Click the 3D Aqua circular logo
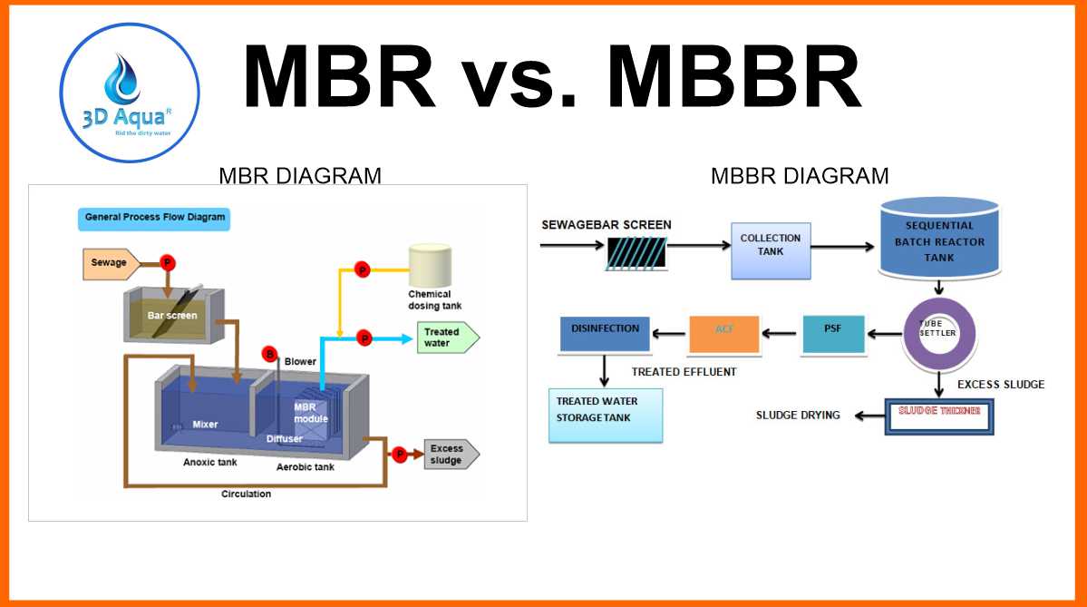(x=130, y=93)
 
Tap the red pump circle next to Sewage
(x=168, y=263)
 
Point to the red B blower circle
(x=268, y=353)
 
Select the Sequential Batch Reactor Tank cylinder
(x=939, y=239)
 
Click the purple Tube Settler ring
(x=939, y=335)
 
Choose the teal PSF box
(x=833, y=335)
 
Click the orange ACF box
(x=723, y=335)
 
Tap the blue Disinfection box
(x=605, y=334)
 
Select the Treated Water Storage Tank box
(x=605, y=415)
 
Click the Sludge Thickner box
(x=939, y=416)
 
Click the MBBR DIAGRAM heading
(x=799, y=175)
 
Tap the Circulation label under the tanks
(x=246, y=494)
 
